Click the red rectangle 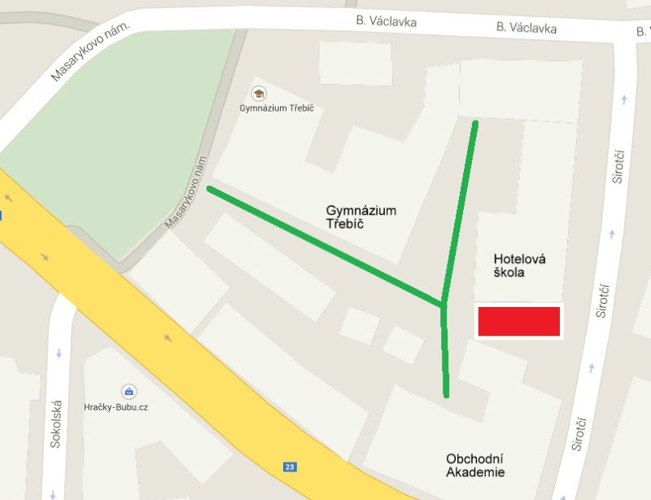click(518, 322)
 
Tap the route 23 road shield click(290, 467)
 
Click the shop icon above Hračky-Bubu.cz click(128, 391)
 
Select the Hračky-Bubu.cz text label click(127, 407)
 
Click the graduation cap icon click(259, 93)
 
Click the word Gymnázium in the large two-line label click(361, 211)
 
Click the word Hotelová click(519, 259)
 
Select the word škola click(509, 273)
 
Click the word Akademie click(475, 472)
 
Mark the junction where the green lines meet click(443, 305)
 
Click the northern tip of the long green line click(475, 123)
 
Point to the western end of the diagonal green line click(210, 189)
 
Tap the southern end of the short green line click(446, 395)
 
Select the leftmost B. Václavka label click(387, 20)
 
